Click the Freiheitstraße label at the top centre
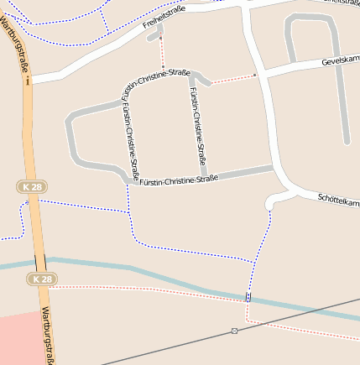click(x=164, y=18)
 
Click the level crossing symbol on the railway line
click(x=234, y=331)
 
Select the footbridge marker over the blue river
click(x=248, y=297)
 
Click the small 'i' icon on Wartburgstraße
click(x=28, y=81)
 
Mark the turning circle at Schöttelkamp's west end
click(x=270, y=203)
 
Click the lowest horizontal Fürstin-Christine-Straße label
click(x=179, y=179)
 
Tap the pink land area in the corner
click(x=17, y=340)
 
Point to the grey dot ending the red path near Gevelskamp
click(x=254, y=76)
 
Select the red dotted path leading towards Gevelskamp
click(x=231, y=80)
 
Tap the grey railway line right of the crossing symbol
click(x=302, y=313)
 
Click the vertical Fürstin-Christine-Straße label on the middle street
click(x=199, y=126)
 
